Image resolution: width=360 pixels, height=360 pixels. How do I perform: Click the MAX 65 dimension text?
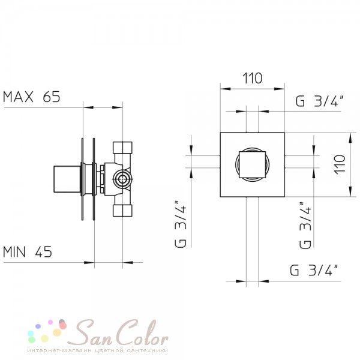click(31, 97)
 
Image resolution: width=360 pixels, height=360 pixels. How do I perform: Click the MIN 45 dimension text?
click(28, 251)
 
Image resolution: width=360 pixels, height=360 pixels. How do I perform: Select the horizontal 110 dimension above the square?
click(253, 78)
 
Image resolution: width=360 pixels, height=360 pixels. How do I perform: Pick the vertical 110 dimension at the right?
click(340, 164)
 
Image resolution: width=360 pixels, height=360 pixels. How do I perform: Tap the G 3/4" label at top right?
click(320, 101)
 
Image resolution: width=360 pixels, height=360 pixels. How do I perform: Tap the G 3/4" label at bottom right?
click(314, 270)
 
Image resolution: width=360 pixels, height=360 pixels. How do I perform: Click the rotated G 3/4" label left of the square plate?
click(181, 224)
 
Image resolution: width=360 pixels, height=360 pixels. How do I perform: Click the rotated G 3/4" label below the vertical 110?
click(305, 225)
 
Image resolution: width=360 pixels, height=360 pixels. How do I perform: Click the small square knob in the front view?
click(253, 164)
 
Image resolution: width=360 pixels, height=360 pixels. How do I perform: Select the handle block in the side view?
click(67, 179)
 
